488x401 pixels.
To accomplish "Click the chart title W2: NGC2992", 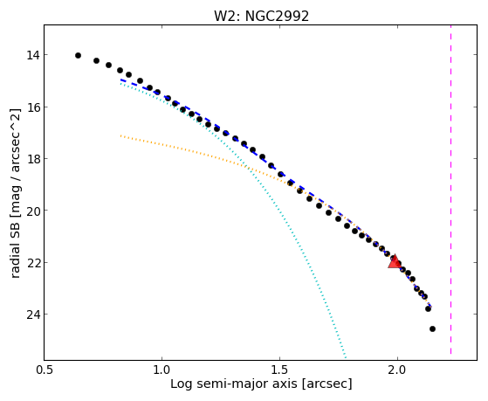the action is (261, 16).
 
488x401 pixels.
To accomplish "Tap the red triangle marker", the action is (395, 262).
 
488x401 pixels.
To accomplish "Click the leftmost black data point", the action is (78, 55).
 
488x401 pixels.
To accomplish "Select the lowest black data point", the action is (432, 328).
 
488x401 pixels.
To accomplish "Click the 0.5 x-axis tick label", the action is (45, 370).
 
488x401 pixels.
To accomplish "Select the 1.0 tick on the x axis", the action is (162, 370).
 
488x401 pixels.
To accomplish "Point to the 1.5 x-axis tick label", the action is (279, 370).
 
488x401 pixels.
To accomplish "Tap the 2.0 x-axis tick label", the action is (397, 370).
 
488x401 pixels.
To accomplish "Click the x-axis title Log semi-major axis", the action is (233, 384).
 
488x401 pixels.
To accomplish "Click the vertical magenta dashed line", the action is (450, 190).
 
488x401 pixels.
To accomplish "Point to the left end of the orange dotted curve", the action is (120, 135).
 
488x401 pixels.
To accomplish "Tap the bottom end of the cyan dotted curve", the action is (346, 357).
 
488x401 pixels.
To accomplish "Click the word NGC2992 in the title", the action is (277, 16).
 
